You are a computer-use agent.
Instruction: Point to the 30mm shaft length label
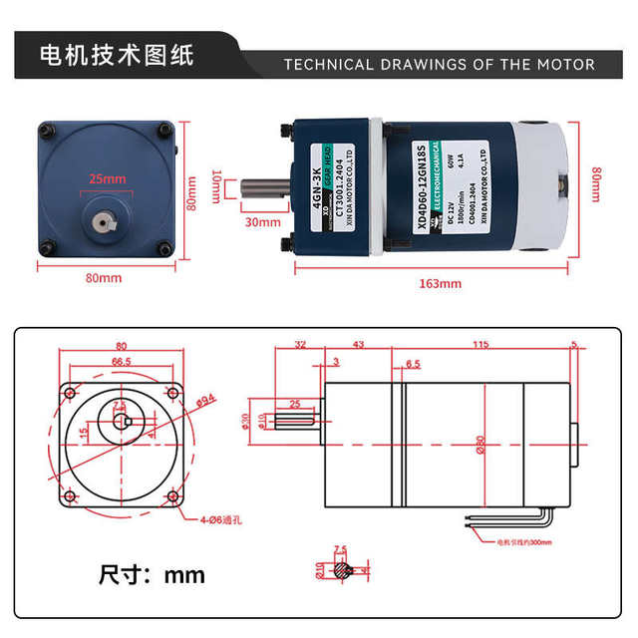[262, 221]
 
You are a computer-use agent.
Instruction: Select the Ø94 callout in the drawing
[206, 401]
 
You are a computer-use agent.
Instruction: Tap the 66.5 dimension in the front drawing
[122, 361]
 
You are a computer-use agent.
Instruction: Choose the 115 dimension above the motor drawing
[480, 345]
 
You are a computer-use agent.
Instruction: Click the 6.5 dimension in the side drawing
[412, 364]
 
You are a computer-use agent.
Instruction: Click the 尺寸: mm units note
[152, 575]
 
